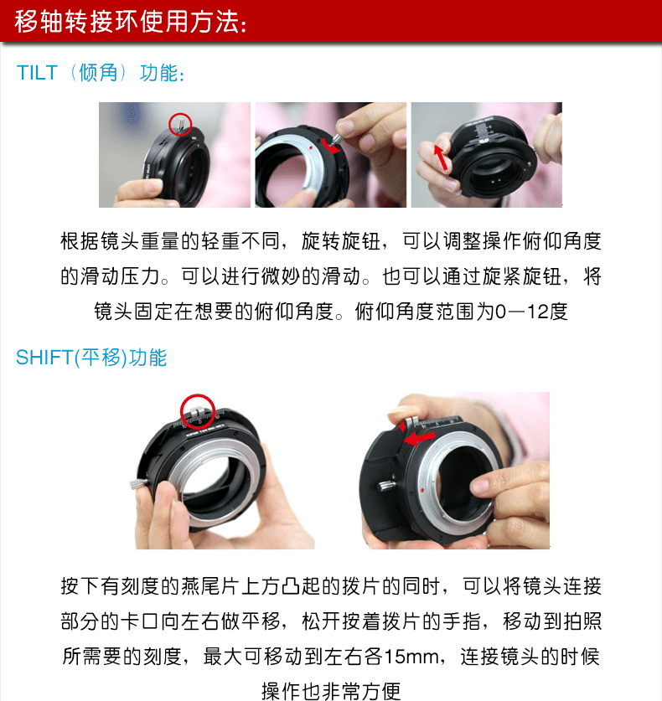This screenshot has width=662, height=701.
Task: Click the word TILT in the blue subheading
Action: tap(37, 73)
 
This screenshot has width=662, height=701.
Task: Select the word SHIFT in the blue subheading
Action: tap(44, 358)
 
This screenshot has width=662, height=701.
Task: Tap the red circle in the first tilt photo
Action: tap(180, 124)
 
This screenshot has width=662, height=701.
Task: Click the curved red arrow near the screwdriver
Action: tap(330, 146)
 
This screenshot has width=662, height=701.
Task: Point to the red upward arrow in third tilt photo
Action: tap(441, 157)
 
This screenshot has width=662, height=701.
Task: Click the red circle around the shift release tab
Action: tap(198, 411)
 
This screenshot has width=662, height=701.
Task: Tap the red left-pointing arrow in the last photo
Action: tap(418, 438)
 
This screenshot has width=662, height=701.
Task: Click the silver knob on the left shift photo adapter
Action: tap(138, 484)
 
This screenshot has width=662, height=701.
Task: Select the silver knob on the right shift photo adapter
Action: tap(385, 486)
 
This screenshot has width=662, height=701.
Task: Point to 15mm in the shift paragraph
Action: tap(411, 657)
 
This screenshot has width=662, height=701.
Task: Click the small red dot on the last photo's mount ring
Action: tap(422, 491)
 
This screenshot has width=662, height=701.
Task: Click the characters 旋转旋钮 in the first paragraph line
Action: tap(341, 241)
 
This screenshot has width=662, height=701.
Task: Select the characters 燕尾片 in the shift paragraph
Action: tap(211, 586)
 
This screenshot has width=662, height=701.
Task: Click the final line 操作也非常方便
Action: tap(331, 691)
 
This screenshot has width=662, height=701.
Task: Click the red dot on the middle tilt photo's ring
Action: tap(309, 147)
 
